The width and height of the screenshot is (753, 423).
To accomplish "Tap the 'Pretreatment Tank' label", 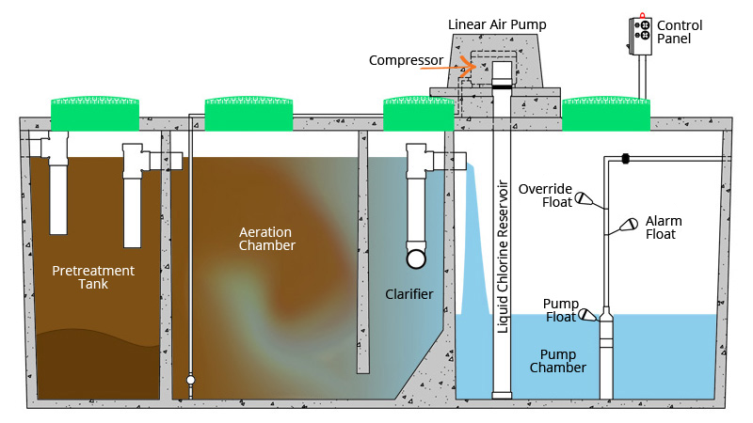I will point(93,278).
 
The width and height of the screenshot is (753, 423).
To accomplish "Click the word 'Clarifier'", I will point(409,294).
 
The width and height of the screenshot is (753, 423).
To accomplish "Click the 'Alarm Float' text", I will point(664,227).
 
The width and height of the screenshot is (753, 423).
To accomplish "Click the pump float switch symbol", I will point(586,315).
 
